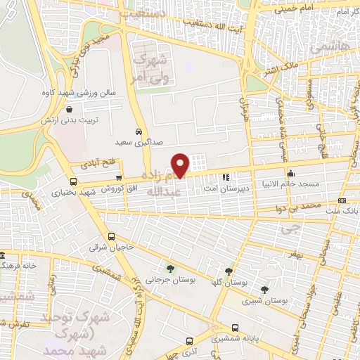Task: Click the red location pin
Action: (x=181, y=165)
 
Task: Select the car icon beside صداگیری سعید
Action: (x=139, y=131)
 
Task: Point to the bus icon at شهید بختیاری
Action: (x=56, y=191)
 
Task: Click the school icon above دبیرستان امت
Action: (x=226, y=177)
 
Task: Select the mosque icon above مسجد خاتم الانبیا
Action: (x=290, y=173)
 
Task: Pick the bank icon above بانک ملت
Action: (x=342, y=201)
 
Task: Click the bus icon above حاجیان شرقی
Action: (x=111, y=237)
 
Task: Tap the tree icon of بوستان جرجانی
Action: (x=170, y=268)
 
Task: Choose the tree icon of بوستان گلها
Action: (x=229, y=271)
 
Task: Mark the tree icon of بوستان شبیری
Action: (x=264, y=290)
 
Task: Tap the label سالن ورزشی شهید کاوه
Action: (x=70, y=94)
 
